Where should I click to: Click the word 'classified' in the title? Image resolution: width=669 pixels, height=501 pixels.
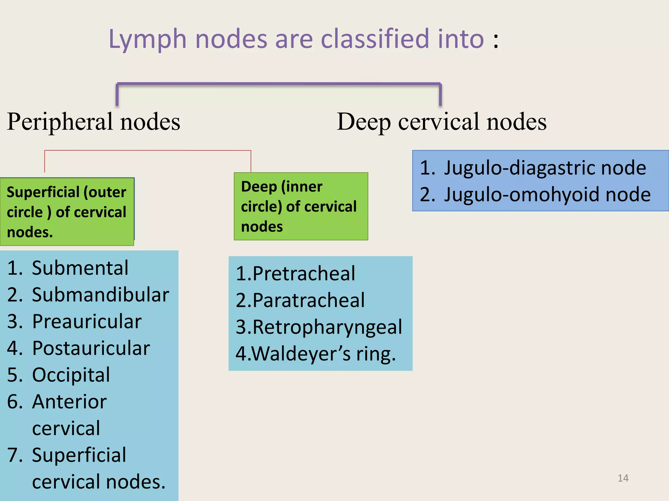(x=375, y=39)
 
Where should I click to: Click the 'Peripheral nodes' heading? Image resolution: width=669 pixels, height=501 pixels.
(x=94, y=122)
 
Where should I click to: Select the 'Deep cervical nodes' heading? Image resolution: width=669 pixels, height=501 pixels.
(x=441, y=122)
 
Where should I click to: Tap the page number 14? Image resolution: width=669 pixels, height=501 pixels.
(x=623, y=478)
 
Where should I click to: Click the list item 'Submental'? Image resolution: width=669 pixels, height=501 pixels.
(x=80, y=268)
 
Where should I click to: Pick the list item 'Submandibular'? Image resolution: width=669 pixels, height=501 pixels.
(x=100, y=295)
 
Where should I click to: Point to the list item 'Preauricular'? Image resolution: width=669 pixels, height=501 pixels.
(x=87, y=322)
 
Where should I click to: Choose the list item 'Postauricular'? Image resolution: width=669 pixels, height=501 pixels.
(x=91, y=348)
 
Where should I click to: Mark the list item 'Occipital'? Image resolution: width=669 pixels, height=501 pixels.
(x=71, y=375)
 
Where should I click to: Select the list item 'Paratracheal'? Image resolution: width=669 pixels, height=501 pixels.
(x=308, y=300)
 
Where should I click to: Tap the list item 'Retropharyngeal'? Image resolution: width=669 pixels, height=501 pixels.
(x=327, y=327)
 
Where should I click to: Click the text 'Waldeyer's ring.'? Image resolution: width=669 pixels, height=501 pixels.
(x=323, y=354)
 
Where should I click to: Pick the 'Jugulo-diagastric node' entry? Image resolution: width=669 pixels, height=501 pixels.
(x=545, y=168)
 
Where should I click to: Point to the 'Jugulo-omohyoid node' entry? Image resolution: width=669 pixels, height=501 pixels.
(x=547, y=195)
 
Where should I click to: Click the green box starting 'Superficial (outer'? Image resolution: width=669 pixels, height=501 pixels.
(x=67, y=212)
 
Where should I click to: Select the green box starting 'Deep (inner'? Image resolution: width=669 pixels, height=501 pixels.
(x=301, y=206)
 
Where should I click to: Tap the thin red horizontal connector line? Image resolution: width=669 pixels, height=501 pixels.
(x=147, y=150)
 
